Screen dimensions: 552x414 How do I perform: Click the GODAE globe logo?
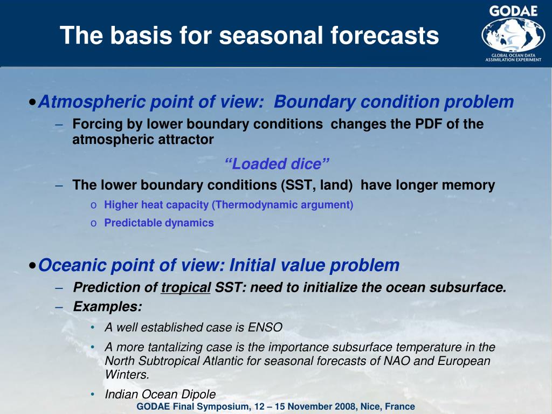[x=513, y=35]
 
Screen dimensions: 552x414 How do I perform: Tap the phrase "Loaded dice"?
[x=277, y=164]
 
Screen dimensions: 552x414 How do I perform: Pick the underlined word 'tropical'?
[x=186, y=288]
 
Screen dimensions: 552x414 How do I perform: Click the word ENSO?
[x=265, y=327]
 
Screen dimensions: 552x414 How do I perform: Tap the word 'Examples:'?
[x=107, y=307]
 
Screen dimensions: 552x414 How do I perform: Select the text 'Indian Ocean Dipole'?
[x=160, y=394]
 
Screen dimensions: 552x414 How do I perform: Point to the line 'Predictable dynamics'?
[x=159, y=223]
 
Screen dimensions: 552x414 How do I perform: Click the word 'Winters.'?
[x=127, y=374]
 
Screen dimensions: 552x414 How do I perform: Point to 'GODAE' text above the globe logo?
[x=513, y=11]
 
